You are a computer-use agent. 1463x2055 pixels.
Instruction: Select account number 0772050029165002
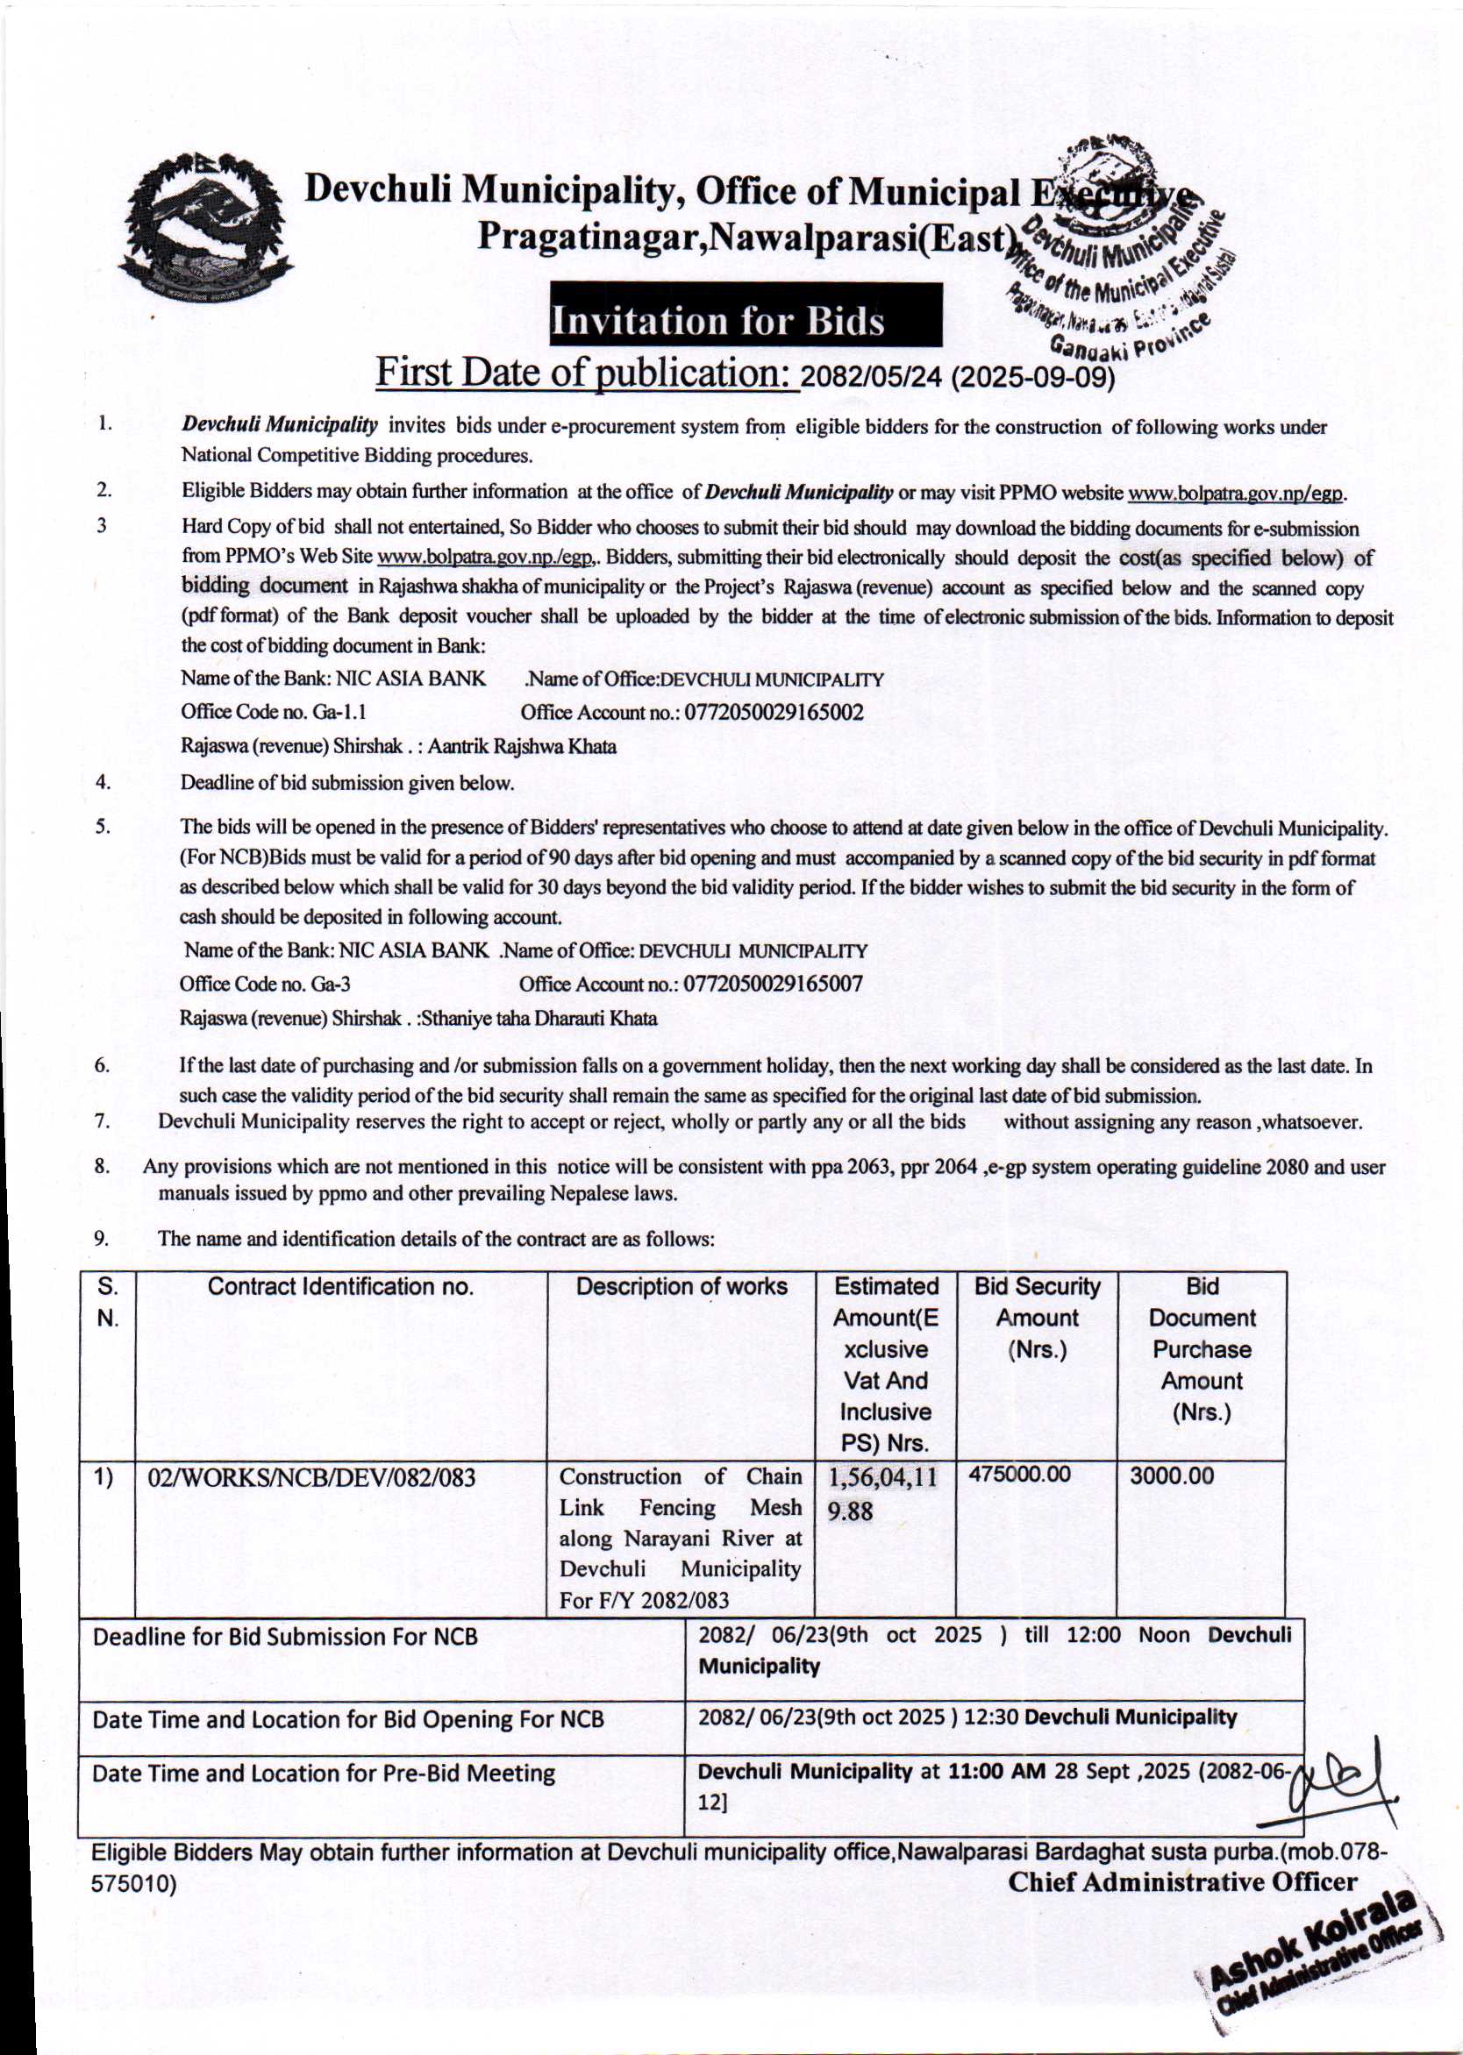(x=774, y=714)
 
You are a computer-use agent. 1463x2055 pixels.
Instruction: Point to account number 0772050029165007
(x=773, y=985)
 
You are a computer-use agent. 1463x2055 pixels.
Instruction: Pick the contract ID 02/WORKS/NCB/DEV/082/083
(x=318, y=1477)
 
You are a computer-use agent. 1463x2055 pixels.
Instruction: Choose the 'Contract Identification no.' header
(x=340, y=1287)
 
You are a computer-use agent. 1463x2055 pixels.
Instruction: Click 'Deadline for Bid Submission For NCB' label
(x=286, y=1636)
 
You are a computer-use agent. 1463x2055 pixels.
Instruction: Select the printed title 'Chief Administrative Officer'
(x=1182, y=1882)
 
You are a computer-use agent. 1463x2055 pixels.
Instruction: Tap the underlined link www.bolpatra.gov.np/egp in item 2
(x=1236, y=494)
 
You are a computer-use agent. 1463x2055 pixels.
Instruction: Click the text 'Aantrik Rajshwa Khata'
(x=522, y=747)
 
